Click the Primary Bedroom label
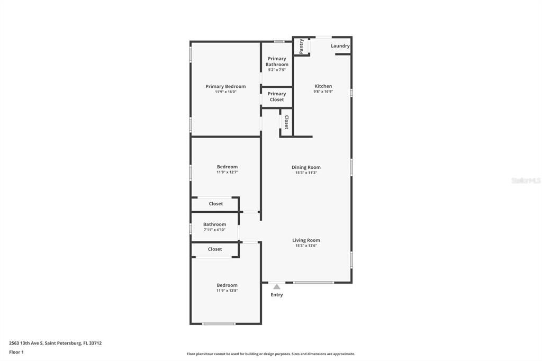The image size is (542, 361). tap(225, 86)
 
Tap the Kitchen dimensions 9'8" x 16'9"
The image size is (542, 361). tap(323, 92)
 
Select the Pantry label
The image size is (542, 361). tap(301, 46)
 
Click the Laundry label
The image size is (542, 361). tap(340, 46)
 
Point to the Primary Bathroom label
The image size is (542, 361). tap(277, 61)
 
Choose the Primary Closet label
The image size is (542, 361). tap(277, 96)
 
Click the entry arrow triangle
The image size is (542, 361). tap(276, 286)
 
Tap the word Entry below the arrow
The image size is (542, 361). tap(276, 295)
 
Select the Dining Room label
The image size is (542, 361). tap(306, 167)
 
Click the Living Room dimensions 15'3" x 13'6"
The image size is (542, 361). tap(306, 246)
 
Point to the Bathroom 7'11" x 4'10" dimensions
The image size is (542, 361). tap(214, 230)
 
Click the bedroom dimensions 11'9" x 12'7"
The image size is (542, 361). tap(227, 172)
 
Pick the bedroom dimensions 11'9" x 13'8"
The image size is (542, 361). tap(227, 291)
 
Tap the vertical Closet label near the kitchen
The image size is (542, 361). tap(286, 122)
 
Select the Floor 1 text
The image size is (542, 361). tap(16, 352)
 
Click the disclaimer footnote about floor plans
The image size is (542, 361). tap(270, 354)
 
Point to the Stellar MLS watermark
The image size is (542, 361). tap(526, 180)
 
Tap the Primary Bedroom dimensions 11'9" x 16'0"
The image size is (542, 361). tap(225, 92)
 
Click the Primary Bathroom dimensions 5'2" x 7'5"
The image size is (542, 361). tap(277, 70)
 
